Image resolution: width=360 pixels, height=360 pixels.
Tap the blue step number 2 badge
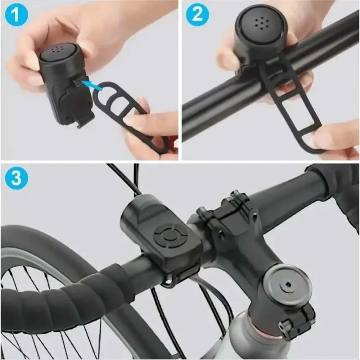197,16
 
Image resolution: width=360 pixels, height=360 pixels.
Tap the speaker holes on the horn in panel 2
261,24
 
